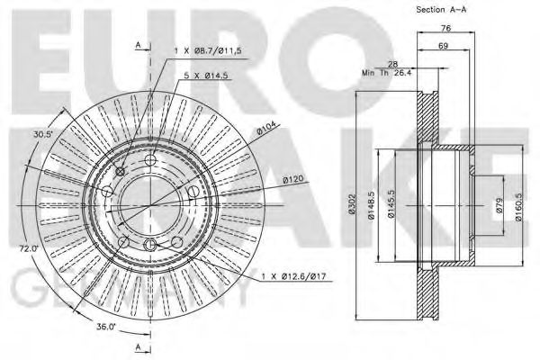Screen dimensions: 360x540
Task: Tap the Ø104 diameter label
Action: [266, 133]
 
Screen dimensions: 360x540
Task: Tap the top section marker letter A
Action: [137, 43]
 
